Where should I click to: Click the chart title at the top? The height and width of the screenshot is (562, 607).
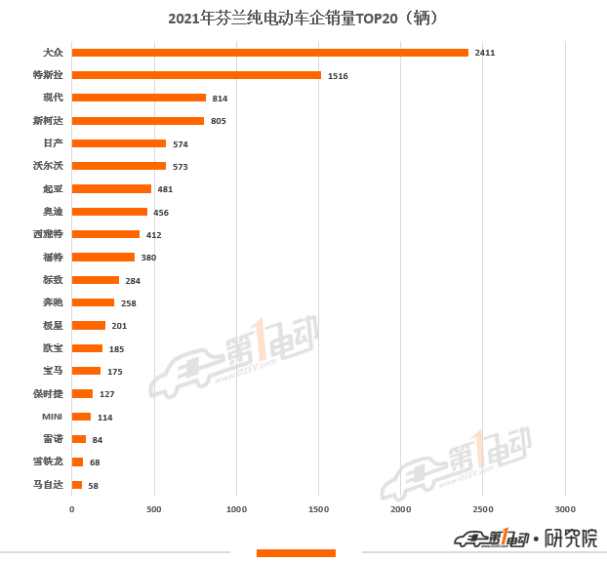click(x=303, y=19)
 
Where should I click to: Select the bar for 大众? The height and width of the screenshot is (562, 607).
click(x=269, y=53)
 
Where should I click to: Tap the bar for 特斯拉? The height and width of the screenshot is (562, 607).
click(x=196, y=75)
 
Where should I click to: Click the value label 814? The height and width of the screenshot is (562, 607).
click(x=220, y=99)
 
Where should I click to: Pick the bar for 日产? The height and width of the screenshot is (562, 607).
click(x=119, y=143)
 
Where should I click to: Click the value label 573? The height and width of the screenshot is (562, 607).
click(x=180, y=167)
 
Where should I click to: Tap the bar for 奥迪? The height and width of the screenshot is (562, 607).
click(x=109, y=212)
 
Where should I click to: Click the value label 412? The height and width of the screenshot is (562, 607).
click(x=153, y=235)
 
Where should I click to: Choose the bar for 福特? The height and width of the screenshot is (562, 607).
click(x=103, y=258)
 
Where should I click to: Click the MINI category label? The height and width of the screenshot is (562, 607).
click(x=53, y=417)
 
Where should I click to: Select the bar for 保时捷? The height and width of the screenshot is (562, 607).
click(x=82, y=394)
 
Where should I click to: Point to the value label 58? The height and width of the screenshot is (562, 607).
click(x=93, y=485)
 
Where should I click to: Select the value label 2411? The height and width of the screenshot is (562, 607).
click(x=485, y=53)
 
